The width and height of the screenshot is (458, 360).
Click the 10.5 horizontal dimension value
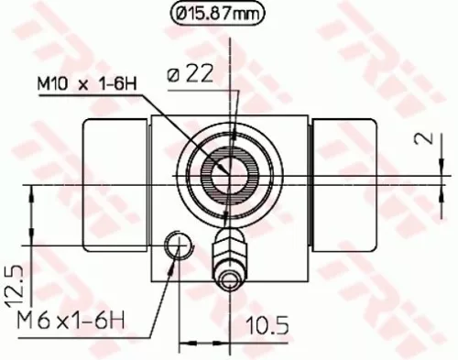tap(262, 324)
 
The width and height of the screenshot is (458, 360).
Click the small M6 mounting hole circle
tap(178, 245)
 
